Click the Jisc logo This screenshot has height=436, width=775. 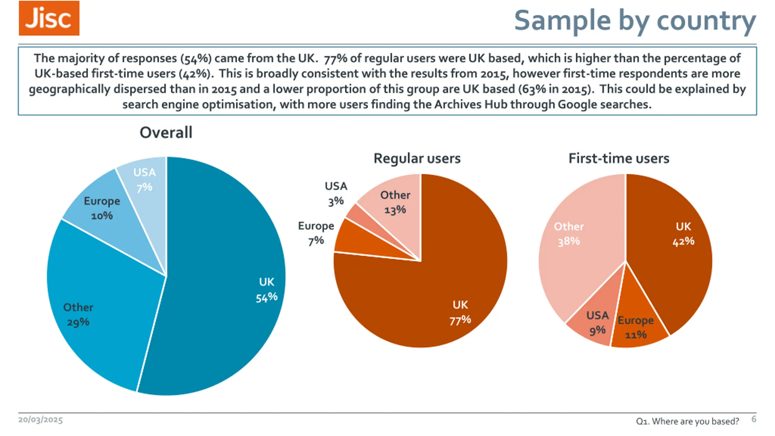[49, 18]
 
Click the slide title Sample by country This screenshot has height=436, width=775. [635, 21]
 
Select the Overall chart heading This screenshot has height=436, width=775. [166, 133]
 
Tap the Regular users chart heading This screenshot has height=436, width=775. [417, 158]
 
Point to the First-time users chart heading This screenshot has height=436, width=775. [619, 158]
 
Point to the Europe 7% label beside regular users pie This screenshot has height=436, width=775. [316, 233]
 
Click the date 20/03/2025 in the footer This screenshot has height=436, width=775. [41, 420]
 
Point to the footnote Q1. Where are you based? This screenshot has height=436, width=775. [687, 421]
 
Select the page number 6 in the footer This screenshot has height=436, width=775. [754, 419]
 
